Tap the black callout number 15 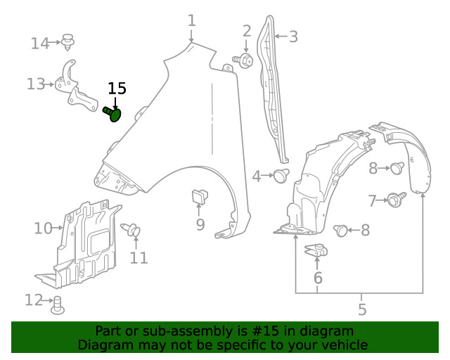(x=117, y=89)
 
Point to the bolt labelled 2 (x=246, y=60)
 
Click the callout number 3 (x=293, y=37)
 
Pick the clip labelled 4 (x=281, y=176)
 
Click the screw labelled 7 (x=394, y=201)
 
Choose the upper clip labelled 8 (x=397, y=167)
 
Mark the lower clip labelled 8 (x=342, y=230)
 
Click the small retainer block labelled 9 (x=198, y=198)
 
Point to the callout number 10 (x=43, y=228)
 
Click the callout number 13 (x=35, y=84)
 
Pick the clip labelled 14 (x=68, y=42)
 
